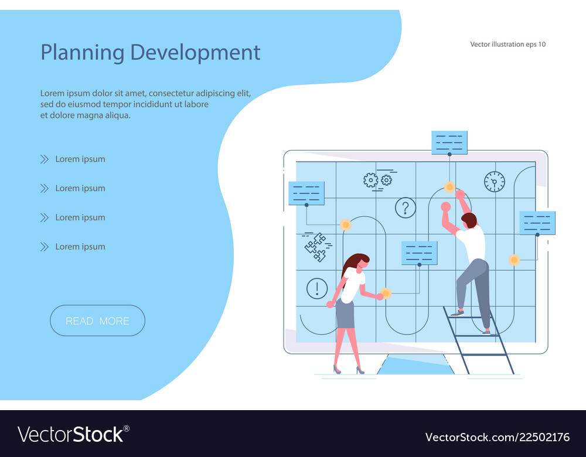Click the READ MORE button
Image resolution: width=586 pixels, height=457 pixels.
(x=97, y=320)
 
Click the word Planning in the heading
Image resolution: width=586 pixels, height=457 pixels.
(x=83, y=52)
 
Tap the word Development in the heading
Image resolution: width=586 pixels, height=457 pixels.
(x=195, y=52)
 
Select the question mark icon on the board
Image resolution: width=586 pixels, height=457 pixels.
(x=405, y=207)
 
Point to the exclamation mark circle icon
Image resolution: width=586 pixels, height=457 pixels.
(x=317, y=288)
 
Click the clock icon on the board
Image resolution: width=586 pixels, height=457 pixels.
(x=494, y=182)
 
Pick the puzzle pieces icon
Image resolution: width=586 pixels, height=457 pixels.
(x=316, y=246)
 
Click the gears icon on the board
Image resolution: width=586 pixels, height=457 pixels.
(x=377, y=179)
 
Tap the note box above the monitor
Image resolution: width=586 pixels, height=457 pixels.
(x=449, y=142)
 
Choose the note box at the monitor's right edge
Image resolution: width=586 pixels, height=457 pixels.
(x=537, y=223)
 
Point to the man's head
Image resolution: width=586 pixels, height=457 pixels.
(x=469, y=221)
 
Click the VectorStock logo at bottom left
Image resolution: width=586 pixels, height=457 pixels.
(x=73, y=435)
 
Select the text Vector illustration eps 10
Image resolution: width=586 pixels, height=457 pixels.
(x=507, y=44)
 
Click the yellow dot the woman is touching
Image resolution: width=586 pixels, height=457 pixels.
(x=386, y=293)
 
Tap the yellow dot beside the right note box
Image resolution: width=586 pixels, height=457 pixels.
(x=514, y=260)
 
